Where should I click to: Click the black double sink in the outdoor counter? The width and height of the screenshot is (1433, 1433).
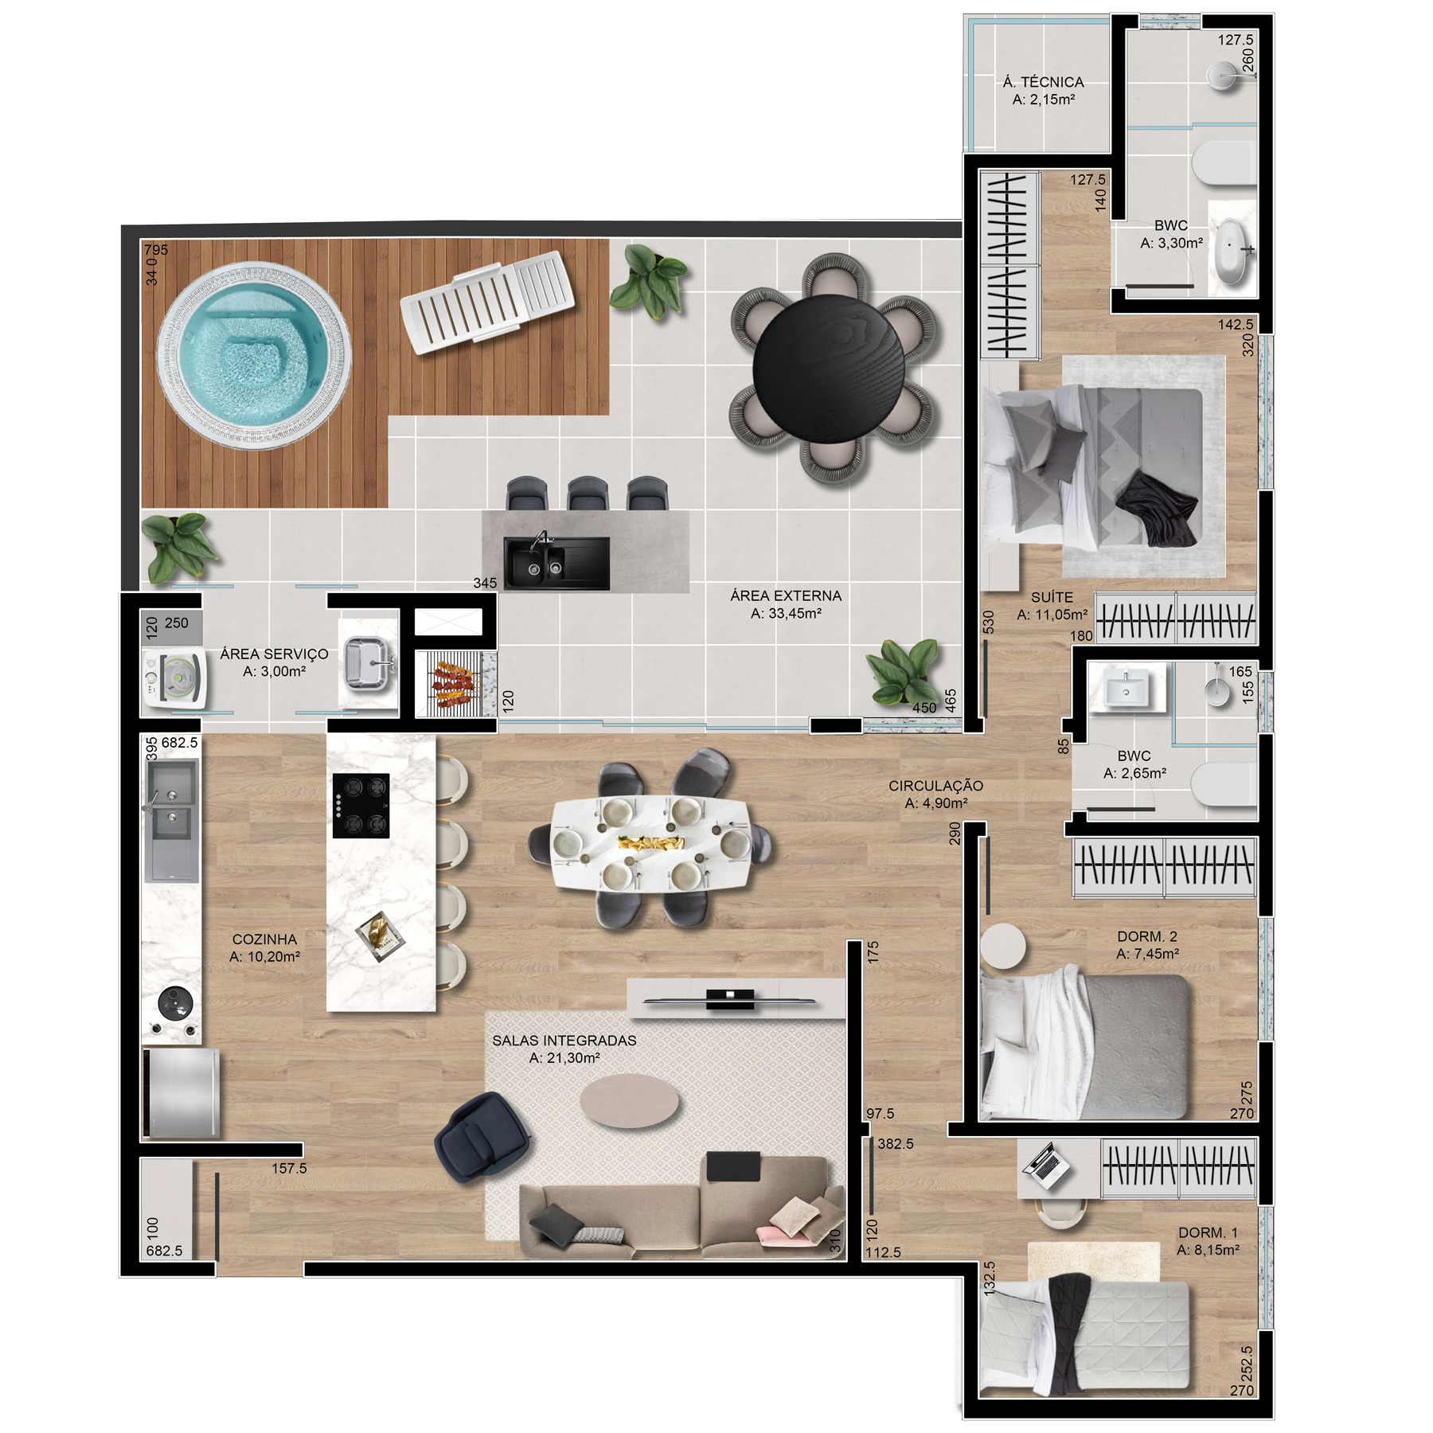(556, 563)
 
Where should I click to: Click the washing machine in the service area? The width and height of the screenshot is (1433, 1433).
(174, 678)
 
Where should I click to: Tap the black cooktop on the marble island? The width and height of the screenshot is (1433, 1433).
(361, 806)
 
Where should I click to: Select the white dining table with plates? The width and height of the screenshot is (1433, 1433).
(650, 843)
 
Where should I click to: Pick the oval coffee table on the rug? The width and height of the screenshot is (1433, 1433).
(629, 1102)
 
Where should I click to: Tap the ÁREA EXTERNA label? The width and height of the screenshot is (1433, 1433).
(786, 595)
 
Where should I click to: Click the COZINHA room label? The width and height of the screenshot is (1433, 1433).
(264, 939)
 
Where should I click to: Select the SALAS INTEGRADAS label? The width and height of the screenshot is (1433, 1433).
(564, 1041)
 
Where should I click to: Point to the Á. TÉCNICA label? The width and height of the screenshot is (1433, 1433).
(1044, 82)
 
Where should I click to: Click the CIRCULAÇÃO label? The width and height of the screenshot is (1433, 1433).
(936, 786)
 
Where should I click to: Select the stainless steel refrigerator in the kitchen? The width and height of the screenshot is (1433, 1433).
(182, 1092)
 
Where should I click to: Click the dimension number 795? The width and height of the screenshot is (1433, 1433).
(156, 249)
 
